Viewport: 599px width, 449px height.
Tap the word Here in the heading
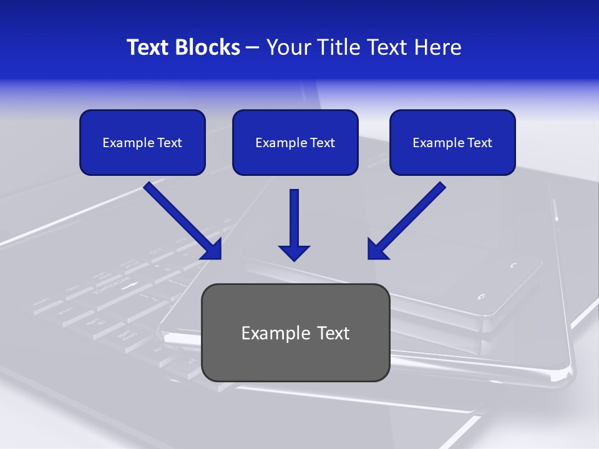click(x=439, y=47)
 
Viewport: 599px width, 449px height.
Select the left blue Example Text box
click(x=142, y=143)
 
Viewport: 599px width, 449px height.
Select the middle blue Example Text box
click(x=295, y=143)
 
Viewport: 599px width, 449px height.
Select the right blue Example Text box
click(x=452, y=143)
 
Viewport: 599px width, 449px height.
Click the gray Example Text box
click(x=295, y=332)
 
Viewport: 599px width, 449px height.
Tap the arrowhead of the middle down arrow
click(x=294, y=252)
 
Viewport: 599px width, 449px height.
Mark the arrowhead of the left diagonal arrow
click(x=213, y=249)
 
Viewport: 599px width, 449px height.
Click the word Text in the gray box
click(x=334, y=333)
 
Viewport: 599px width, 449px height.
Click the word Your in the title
click(x=286, y=47)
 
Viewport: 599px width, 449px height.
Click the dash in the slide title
click(x=253, y=47)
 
